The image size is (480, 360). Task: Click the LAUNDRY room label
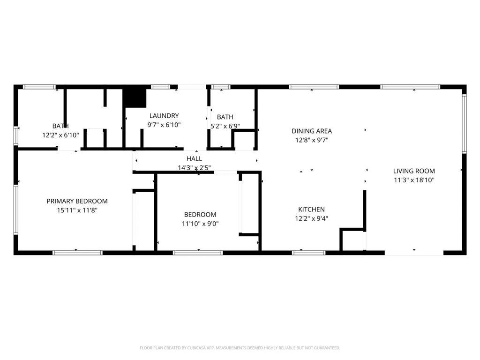pyautogui.click(x=164, y=116)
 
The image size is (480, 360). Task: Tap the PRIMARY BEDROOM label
pyautogui.click(x=77, y=201)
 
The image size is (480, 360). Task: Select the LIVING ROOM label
pyautogui.click(x=414, y=171)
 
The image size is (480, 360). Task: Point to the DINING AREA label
pyautogui.click(x=312, y=131)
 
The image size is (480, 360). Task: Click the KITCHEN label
pyautogui.click(x=311, y=210)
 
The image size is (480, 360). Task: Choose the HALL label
pyautogui.click(x=195, y=158)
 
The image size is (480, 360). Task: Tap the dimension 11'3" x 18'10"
pyautogui.click(x=414, y=180)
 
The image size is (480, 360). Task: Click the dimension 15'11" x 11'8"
pyautogui.click(x=77, y=210)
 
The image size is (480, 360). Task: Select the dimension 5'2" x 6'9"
pyautogui.click(x=225, y=126)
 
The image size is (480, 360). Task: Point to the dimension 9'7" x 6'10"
pyautogui.click(x=164, y=125)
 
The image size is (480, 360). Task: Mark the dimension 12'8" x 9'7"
pyautogui.click(x=312, y=140)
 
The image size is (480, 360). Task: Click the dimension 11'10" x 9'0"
pyautogui.click(x=200, y=224)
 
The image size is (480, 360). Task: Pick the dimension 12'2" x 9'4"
pyautogui.click(x=311, y=218)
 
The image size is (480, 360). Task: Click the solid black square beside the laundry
pyautogui.click(x=135, y=98)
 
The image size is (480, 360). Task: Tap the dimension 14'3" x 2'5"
pyautogui.click(x=195, y=168)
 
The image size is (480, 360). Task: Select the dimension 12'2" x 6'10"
pyautogui.click(x=60, y=135)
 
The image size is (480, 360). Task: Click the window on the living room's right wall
pyautogui.click(x=464, y=123)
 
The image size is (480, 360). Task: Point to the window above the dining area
pyautogui.click(x=314, y=87)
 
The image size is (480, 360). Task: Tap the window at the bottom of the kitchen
pyautogui.click(x=308, y=253)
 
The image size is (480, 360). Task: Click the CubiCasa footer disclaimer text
pyautogui.click(x=240, y=348)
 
